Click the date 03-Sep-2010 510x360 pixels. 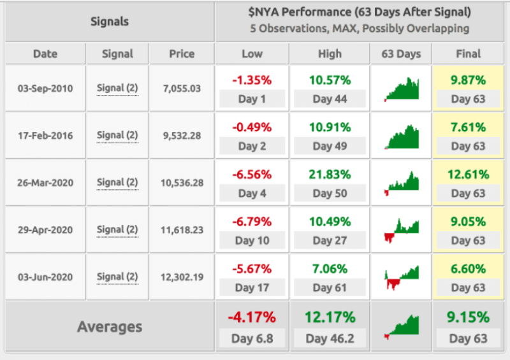tap(45, 89)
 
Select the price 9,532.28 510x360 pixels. tap(182, 136)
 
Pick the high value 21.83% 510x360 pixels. tap(330, 175)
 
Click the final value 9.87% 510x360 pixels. tap(468, 80)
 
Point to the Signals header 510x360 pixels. tap(110, 22)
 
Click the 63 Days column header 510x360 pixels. tap(401, 54)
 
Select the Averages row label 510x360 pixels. tap(110, 327)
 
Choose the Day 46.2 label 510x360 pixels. tap(330, 338)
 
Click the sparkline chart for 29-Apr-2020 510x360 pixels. tap(402, 230)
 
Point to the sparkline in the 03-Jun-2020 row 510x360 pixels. tap(402, 277)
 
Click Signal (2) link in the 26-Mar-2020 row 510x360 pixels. tap(117, 183)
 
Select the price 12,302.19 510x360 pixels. tap(182, 277)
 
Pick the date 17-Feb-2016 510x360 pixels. tap(45, 136)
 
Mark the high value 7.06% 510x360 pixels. tap(330, 269)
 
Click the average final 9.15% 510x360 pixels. tap(468, 317)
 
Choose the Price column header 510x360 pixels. tap(182, 54)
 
